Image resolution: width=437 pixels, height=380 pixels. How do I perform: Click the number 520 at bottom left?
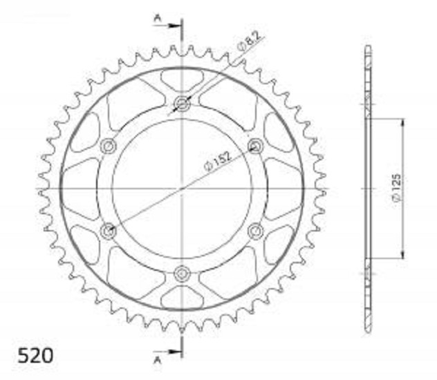click(x=35, y=356)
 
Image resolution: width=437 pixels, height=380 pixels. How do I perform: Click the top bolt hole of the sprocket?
click(x=182, y=104)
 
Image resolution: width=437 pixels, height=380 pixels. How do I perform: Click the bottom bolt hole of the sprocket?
click(x=182, y=274)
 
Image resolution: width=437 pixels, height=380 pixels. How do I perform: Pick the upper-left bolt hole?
click(x=109, y=146)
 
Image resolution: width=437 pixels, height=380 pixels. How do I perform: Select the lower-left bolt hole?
click(x=109, y=231)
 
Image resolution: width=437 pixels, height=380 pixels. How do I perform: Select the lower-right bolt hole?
click(x=256, y=231)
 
